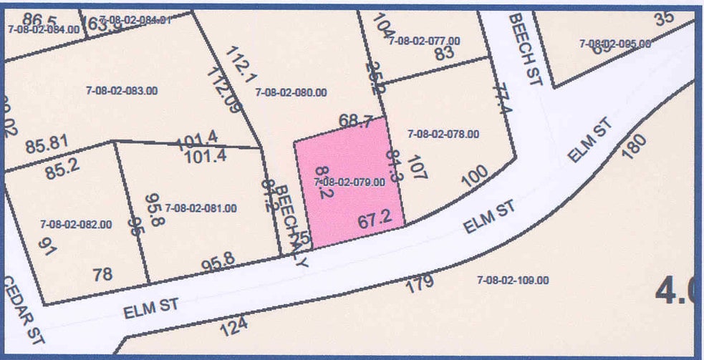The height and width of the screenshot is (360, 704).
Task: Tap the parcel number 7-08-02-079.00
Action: tap(350, 183)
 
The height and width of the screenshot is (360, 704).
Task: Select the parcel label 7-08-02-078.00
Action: tap(443, 134)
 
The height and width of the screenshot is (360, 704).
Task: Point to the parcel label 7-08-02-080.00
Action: tap(291, 92)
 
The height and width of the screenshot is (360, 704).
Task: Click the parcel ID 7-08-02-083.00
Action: tap(122, 91)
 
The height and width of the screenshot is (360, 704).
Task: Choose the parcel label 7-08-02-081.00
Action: tap(201, 208)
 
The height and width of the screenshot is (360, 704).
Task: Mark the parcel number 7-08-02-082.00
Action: tap(76, 224)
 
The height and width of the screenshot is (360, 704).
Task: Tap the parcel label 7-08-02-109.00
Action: tap(513, 281)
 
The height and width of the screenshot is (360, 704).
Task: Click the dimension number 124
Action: tap(233, 326)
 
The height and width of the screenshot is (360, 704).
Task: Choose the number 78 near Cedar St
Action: tap(103, 274)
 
